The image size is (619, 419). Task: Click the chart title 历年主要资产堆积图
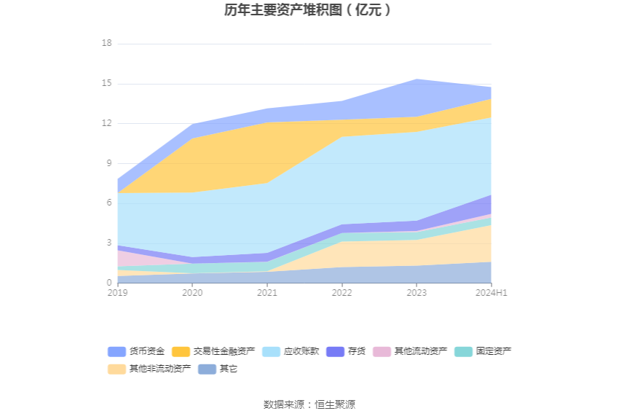(x=309, y=10)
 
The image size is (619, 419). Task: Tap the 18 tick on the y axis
(x=107, y=44)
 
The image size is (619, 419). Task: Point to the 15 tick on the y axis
(x=107, y=84)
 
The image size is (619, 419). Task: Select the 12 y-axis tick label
(x=107, y=123)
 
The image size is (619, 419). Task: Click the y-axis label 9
(x=109, y=163)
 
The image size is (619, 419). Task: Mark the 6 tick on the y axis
(x=109, y=203)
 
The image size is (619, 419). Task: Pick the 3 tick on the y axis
(x=109, y=243)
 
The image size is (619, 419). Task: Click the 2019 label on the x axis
(x=117, y=293)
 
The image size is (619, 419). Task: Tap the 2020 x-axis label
(x=192, y=293)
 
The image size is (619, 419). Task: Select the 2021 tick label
(x=267, y=293)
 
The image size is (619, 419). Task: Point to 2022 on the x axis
(x=342, y=293)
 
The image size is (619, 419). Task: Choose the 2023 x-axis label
(x=417, y=293)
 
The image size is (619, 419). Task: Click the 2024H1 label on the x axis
(x=492, y=293)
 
